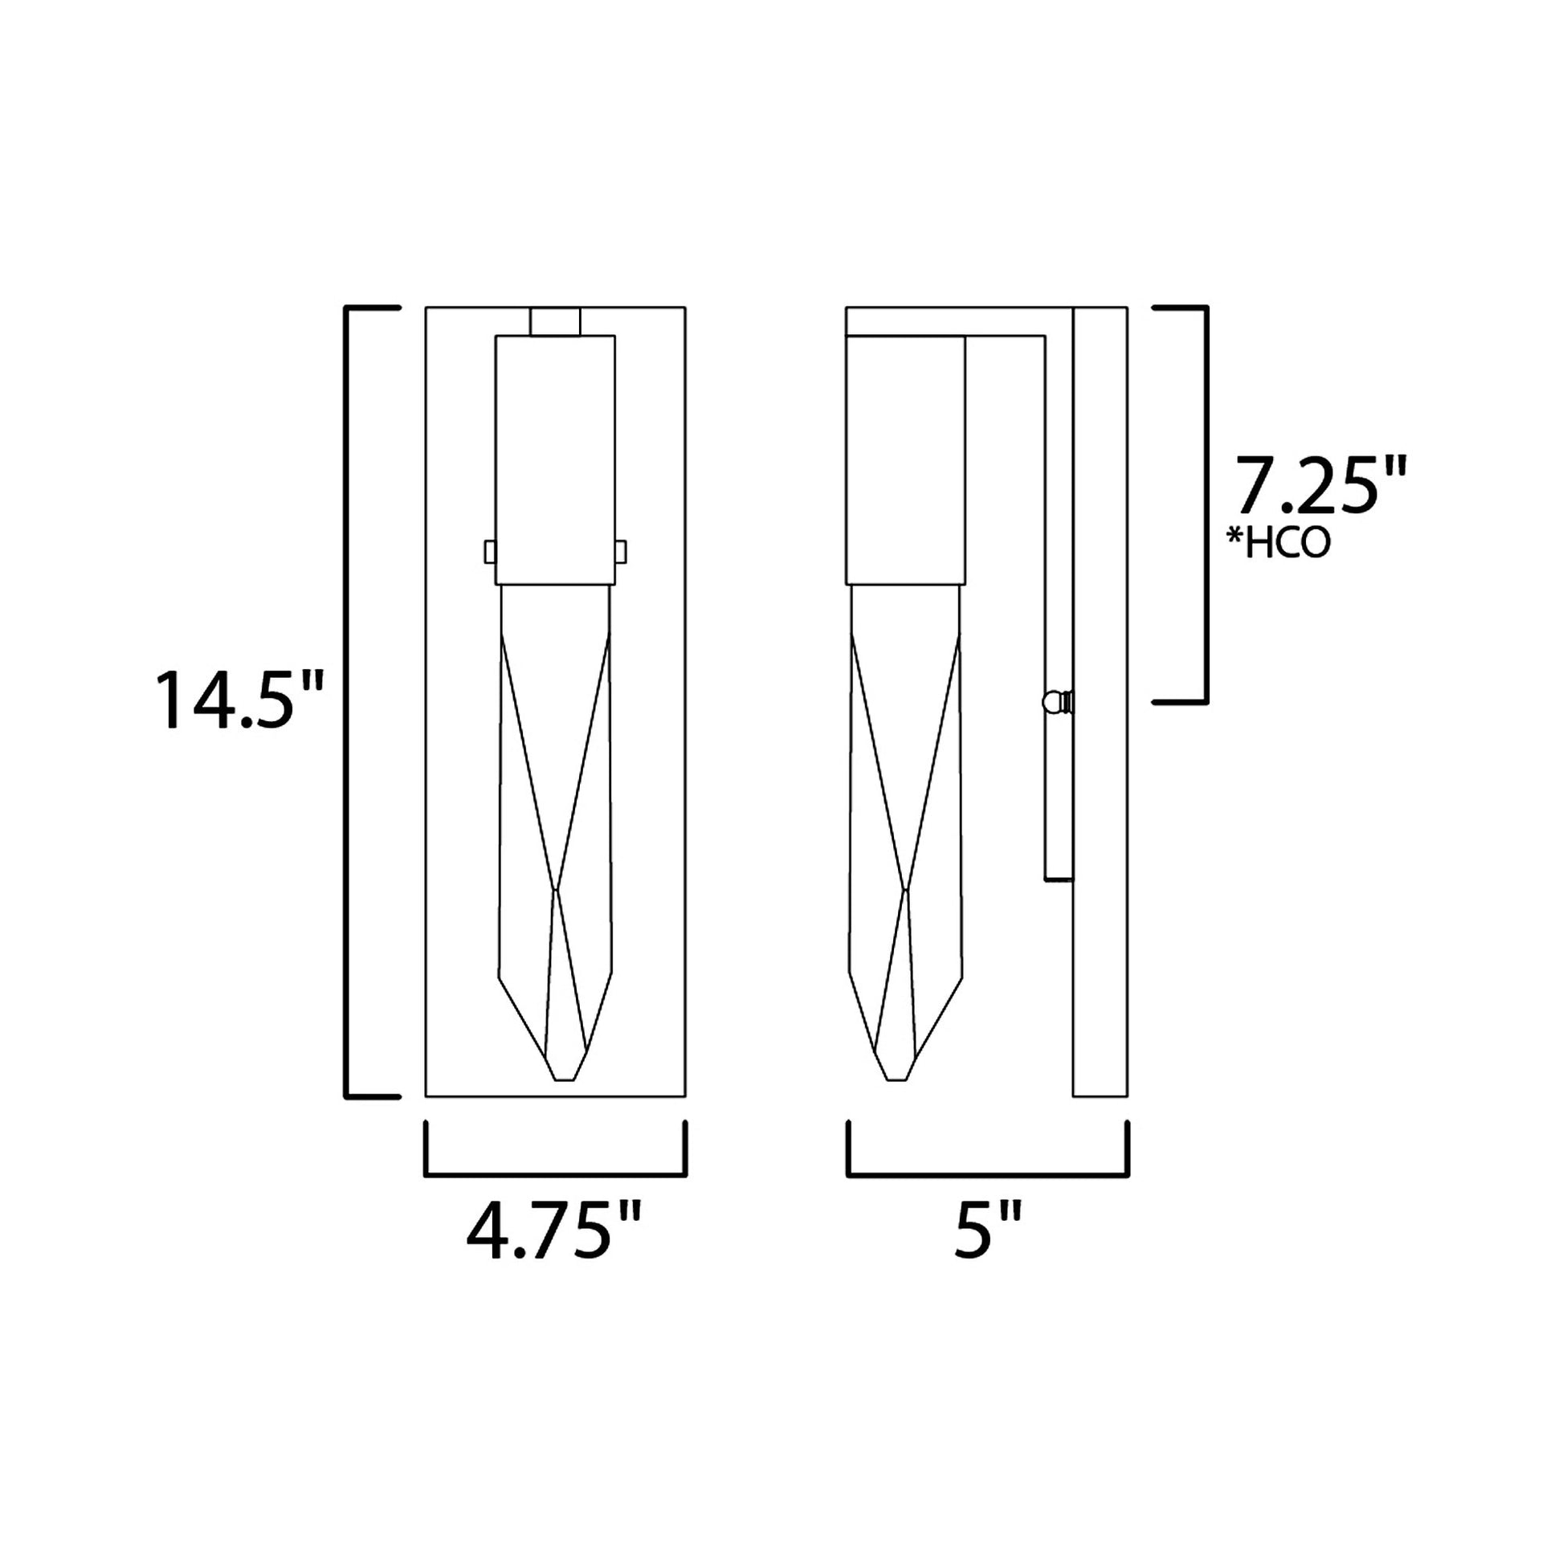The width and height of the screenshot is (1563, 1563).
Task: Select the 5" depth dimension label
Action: coord(987,1231)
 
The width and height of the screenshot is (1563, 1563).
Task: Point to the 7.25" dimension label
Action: coord(1320,484)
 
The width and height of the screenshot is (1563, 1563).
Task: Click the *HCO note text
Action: coord(1279,545)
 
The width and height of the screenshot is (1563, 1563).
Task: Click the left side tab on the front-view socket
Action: coord(489,552)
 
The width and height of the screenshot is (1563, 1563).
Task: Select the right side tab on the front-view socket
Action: coord(621,552)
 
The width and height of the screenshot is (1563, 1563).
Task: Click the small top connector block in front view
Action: coord(555,321)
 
